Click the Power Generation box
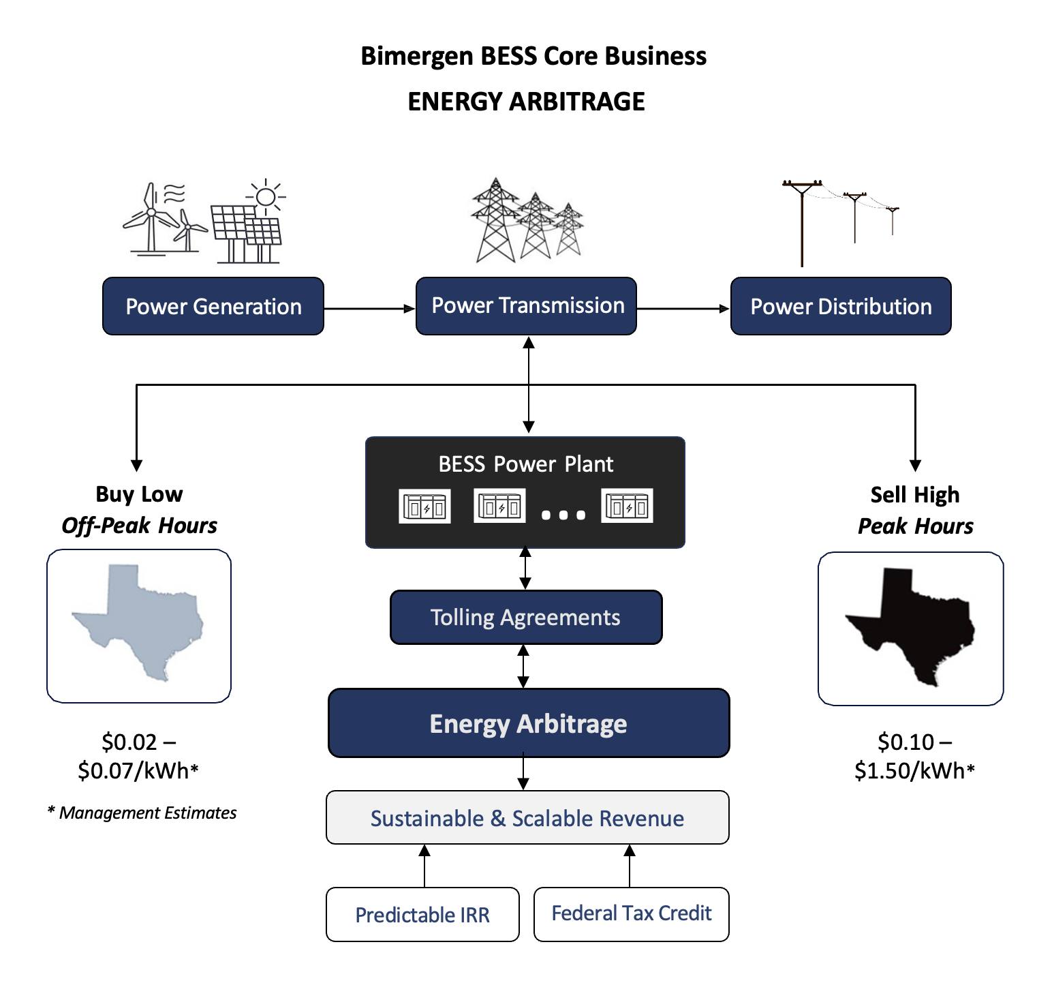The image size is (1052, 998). [x=213, y=306]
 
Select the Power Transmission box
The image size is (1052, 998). [x=526, y=306]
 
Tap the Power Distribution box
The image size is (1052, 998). [x=841, y=306]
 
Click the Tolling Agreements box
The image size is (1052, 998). [x=525, y=618]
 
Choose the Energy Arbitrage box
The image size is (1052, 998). [x=528, y=723]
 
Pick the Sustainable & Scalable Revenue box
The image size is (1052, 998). [x=527, y=818]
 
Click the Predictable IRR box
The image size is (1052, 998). [x=422, y=915]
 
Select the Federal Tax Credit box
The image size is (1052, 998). [x=631, y=913]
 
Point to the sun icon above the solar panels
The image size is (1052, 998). [x=266, y=197]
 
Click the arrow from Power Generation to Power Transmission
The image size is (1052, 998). [x=369, y=309]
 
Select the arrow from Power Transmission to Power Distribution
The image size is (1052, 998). [x=683, y=309]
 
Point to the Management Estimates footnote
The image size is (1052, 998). [x=142, y=813]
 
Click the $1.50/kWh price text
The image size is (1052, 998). [x=914, y=770]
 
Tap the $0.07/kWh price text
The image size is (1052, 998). [x=138, y=770]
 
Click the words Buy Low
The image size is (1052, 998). [x=139, y=494]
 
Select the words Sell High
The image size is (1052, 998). [x=914, y=494]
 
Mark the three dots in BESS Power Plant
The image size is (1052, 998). [x=563, y=515]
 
